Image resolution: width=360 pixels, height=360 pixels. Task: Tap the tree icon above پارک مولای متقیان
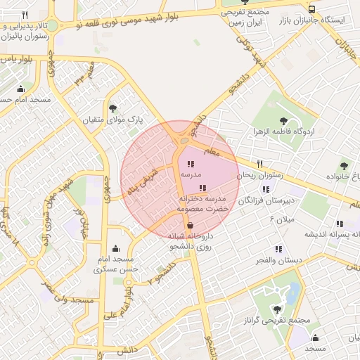click(113, 108)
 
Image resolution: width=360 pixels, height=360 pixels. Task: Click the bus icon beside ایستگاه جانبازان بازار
click(311, 9)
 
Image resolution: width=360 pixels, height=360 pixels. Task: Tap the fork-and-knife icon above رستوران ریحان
click(259, 165)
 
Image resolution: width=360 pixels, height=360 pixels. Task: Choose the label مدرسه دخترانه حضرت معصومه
click(203, 204)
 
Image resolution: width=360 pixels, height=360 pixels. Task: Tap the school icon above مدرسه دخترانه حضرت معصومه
click(203, 188)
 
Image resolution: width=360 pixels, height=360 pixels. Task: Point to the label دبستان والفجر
click(280, 261)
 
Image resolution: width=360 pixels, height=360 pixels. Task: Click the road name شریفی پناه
click(143, 181)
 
